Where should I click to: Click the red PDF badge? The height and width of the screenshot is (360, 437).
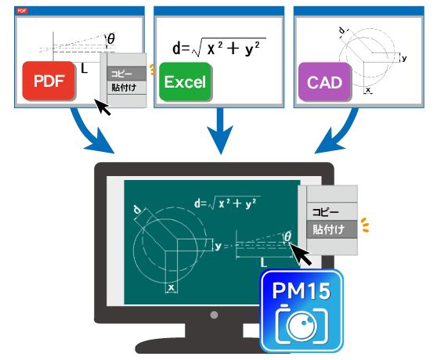point(49,81)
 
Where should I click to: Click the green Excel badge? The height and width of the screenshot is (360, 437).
point(185,81)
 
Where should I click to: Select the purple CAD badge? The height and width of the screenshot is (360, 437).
point(324,82)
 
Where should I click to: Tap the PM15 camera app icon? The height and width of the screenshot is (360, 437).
point(302,311)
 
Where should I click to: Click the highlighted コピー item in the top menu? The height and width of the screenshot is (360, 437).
point(127,74)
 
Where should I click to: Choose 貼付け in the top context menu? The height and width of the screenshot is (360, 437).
point(127,88)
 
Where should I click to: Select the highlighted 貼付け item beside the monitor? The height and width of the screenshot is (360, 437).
point(331,229)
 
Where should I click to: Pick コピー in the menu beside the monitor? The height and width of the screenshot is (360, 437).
point(331,212)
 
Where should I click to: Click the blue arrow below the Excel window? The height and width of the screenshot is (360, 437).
point(220,131)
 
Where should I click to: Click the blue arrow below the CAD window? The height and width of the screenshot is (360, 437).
point(343,134)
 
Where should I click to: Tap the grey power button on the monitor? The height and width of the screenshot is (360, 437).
point(214,315)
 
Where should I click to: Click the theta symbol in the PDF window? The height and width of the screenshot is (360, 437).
point(111,38)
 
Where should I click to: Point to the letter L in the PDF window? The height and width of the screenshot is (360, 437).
point(84,68)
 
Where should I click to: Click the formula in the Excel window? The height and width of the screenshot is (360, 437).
point(219,47)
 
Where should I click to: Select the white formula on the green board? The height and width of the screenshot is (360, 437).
point(227,203)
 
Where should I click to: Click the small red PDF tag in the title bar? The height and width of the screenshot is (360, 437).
point(22,11)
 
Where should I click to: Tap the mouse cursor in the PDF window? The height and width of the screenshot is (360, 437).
point(103,107)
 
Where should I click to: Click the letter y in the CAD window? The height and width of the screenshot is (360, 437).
point(404,58)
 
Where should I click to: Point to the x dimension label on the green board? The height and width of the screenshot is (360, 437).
point(172,287)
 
